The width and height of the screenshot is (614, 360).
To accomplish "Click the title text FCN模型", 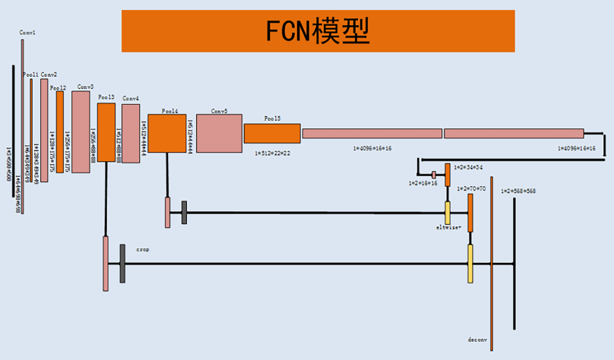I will (318, 31).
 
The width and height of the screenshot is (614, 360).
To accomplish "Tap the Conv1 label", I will (27, 33).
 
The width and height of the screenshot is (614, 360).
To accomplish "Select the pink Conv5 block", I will (219, 133).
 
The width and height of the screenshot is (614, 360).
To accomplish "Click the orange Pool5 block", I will (272, 133).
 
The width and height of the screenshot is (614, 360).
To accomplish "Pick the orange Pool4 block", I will (166, 133).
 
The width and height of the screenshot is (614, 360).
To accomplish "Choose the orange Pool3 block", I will (106, 132).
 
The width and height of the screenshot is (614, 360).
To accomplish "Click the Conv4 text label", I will (131, 99).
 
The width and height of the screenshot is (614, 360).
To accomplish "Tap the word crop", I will (142, 248).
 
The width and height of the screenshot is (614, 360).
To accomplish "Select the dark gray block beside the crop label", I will (122, 264).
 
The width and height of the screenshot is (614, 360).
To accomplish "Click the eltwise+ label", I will (448, 227).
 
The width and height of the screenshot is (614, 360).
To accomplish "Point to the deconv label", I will (477, 339).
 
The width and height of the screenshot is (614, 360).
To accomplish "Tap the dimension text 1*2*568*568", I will (518, 191).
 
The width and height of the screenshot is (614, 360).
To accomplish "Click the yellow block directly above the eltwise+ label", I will (448, 212).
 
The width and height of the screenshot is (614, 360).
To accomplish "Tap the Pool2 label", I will (58, 88).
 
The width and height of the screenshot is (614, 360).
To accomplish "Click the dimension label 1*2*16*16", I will (423, 183).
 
